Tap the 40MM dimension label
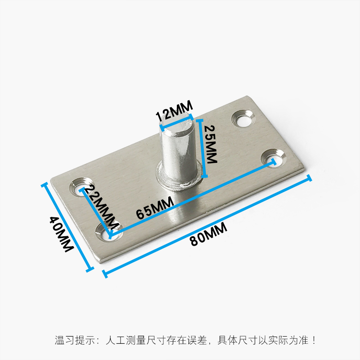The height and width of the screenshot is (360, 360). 60,234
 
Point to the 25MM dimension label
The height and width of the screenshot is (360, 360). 211,144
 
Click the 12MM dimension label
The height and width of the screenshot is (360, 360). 174,111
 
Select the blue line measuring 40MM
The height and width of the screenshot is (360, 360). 67,227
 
